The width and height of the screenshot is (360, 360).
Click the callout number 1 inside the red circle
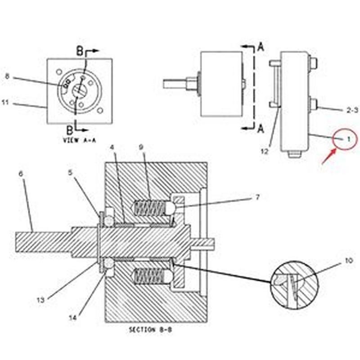pos(348,139)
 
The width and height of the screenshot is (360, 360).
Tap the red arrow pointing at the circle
pos(329,156)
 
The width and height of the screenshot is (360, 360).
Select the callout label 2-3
pos(352,110)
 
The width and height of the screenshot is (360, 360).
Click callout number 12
pos(265,152)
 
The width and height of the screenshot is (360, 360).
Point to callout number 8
pos(7,76)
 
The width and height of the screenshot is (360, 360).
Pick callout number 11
pos(5,102)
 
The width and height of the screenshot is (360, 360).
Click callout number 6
pos(21,174)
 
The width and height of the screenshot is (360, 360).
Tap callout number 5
pos(70,172)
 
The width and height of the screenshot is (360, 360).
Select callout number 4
pos(112,147)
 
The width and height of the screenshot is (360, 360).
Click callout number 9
pos(141,147)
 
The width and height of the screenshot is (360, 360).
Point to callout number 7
pos(257,197)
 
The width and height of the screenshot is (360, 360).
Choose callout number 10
pos(348,261)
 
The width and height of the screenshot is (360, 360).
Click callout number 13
pos(40,300)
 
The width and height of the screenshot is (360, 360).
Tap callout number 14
pos(72,318)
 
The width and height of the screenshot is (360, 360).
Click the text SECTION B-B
pos(150,330)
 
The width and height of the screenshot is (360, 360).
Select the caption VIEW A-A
pos(80,140)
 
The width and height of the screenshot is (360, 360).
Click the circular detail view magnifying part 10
pos(295,285)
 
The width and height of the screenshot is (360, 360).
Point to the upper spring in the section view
pos(150,208)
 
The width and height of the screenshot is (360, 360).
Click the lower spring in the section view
pos(150,276)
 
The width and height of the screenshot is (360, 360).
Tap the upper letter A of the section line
pos(261,48)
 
